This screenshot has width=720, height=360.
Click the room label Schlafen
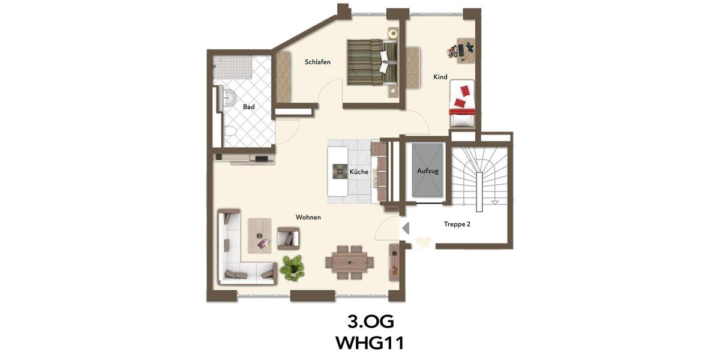point(317,62)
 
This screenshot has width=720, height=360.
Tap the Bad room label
point(248,107)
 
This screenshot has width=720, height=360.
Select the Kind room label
point(440,77)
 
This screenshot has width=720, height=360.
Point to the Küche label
point(359,172)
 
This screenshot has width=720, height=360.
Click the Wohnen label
point(308,217)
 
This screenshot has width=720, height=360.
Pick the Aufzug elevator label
point(428,171)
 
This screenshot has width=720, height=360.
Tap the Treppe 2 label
point(457,224)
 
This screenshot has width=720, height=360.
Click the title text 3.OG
point(370,322)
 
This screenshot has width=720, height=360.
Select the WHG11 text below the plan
point(370,343)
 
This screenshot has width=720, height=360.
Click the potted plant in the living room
point(292,266)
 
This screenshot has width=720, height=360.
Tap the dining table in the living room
point(349,262)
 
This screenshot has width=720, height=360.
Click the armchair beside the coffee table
point(288,239)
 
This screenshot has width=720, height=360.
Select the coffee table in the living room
point(259,236)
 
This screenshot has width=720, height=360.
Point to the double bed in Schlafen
point(373,62)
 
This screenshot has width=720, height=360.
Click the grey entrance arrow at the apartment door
point(406,228)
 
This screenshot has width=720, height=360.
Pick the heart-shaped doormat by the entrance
point(423,242)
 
